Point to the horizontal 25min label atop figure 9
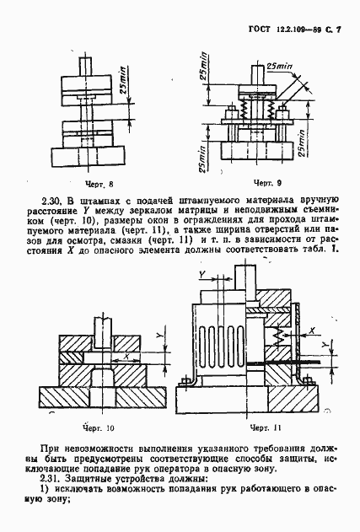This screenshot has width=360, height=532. click(278, 65)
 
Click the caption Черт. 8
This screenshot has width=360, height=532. click(99, 182)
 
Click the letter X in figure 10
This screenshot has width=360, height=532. click(126, 357)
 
